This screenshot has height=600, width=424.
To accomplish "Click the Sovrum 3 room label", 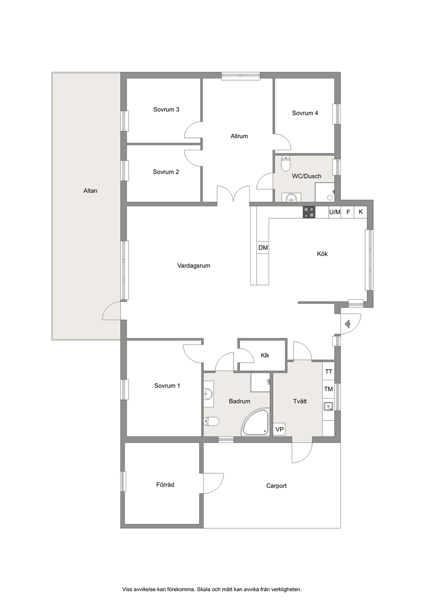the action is (166, 109).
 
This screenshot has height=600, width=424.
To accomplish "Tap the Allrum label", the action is (239, 136).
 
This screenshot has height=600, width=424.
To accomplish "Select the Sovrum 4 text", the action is (305, 113).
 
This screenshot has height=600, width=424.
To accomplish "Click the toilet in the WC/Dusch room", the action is (286, 163).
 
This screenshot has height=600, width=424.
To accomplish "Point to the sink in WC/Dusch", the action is (291, 198).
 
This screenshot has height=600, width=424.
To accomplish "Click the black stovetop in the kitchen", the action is (309, 212).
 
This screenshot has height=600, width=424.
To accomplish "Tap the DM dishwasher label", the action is (263, 248).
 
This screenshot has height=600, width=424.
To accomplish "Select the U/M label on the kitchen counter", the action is (335, 212).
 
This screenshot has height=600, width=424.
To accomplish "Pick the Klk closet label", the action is (265, 356).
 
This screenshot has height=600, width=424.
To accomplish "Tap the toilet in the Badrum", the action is (211, 421).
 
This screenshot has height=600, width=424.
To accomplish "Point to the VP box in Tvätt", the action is (280, 429).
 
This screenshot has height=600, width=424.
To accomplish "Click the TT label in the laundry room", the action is (329, 372).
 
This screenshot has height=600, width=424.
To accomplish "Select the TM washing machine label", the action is (329, 389).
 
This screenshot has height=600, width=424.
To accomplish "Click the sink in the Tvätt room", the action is (328, 407).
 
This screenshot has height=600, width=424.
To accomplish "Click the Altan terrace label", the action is (90, 191).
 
